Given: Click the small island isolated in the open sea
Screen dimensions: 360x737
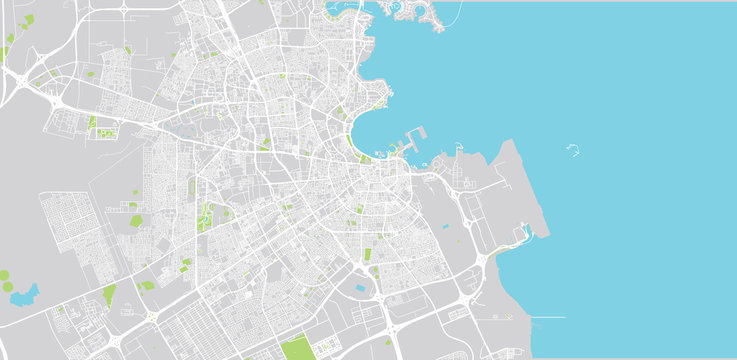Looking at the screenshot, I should coord(576,152).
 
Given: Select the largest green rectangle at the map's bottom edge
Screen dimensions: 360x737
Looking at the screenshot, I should coord(296,349).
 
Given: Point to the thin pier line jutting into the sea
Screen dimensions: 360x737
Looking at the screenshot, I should coord(546,318).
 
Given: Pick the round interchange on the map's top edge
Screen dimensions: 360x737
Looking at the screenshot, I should coord(124,8).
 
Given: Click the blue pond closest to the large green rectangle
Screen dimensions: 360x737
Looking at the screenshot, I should coord(361,289).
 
